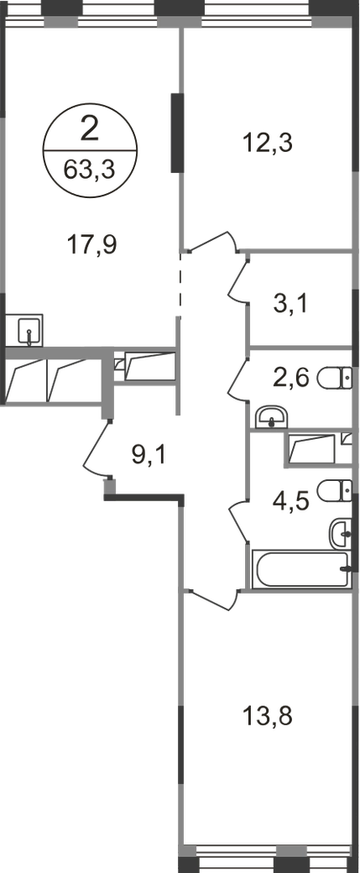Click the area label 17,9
click(91, 244)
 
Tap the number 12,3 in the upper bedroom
click(267, 143)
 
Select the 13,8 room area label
click(267, 716)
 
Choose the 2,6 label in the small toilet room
click(290, 379)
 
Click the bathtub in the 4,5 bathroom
click(301, 569)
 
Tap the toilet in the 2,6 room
click(334, 379)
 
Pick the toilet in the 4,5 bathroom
click(334, 490)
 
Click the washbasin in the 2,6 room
click(271, 417)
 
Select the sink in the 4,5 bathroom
click(341, 533)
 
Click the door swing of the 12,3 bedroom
click(213, 241)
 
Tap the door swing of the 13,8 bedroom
click(212, 599)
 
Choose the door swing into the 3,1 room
click(237, 279)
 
